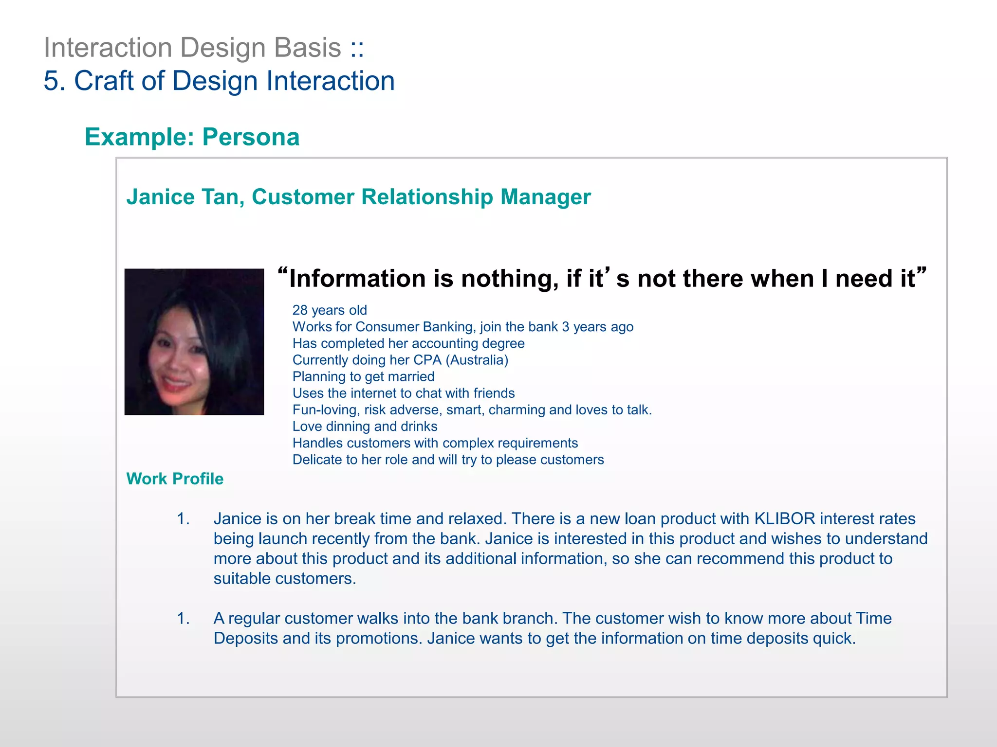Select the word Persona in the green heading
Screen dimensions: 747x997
coord(251,137)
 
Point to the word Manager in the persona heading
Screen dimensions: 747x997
coord(545,197)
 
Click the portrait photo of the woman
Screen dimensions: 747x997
coord(194,341)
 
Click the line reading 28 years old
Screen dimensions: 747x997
coord(330,310)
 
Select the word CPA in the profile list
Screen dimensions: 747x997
coord(427,360)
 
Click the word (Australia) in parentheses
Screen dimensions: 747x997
coord(477,360)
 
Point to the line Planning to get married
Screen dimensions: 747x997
coord(363,376)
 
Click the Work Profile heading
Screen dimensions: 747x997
coord(175,479)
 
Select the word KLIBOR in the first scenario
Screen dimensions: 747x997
coord(784,519)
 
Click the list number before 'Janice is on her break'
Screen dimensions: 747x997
coord(183,519)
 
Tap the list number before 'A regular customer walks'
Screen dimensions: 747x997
coord(183,619)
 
